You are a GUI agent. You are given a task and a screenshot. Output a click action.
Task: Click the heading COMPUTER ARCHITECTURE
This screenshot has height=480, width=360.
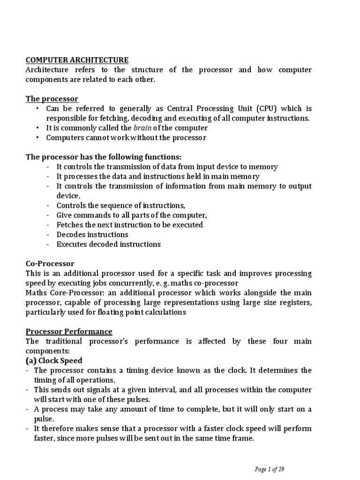[76, 60]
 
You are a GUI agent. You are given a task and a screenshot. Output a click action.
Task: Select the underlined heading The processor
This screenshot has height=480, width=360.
[52, 99]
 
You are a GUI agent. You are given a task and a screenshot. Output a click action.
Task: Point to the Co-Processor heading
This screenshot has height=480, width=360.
[50, 264]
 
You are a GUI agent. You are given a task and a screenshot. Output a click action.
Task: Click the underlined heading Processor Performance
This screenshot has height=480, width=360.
[68, 331]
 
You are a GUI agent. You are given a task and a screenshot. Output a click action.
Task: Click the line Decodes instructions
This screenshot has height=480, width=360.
[92, 234]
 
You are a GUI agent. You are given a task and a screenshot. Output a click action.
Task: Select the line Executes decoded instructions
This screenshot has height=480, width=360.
[108, 244]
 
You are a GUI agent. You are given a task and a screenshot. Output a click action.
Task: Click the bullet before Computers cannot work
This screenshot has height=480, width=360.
[37, 138]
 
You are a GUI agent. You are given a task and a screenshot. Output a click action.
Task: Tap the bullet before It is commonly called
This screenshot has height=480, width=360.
[37, 128]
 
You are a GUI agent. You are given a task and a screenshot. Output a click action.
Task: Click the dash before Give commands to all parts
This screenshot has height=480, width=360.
[48, 215]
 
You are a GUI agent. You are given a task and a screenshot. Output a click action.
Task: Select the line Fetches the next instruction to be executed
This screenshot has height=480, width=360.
[129, 225]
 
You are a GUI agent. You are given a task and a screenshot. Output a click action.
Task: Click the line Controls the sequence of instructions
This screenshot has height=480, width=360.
[121, 205]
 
